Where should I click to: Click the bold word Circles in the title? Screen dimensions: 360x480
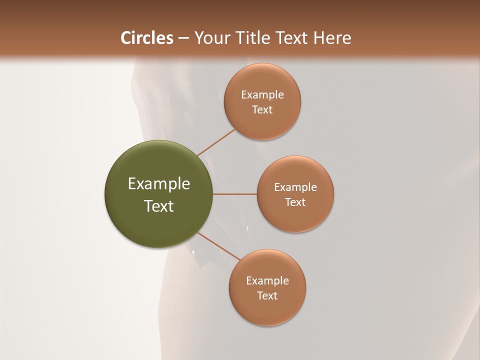146,38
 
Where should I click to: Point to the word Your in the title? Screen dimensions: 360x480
211,38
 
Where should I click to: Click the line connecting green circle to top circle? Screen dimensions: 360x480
216,142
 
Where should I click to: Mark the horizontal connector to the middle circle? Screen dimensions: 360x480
235,194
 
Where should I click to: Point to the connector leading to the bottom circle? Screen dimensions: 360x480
218,246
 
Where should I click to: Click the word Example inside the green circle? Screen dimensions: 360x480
159,184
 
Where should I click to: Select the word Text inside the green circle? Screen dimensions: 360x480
159,206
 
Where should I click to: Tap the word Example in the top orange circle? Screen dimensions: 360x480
262,95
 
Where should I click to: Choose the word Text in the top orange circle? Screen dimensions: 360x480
262,110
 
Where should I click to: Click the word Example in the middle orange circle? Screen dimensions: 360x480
295,187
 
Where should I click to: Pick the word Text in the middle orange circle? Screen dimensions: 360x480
295,202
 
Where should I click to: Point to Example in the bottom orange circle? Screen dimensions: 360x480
267,281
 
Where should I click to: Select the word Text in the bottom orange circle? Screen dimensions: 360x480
267,296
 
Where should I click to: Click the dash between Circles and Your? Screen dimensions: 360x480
183,38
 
